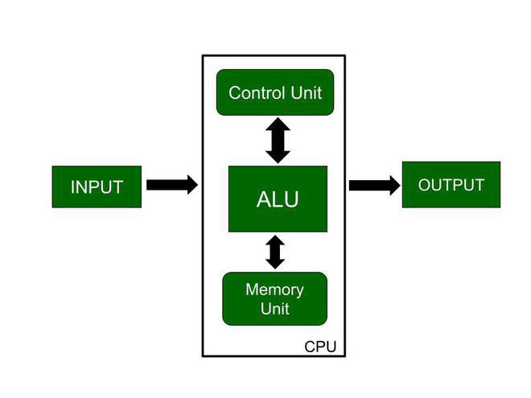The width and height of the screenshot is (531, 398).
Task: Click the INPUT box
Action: point(97,187)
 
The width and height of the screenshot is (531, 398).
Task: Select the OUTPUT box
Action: point(451,184)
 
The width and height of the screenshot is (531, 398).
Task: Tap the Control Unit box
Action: point(275,92)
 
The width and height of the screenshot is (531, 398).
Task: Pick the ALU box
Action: point(278,199)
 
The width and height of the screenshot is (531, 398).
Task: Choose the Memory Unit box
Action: point(274,298)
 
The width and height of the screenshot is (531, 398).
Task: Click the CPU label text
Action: point(320,347)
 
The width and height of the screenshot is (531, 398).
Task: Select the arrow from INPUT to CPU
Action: point(172,185)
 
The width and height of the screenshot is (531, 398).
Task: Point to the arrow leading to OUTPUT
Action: point(375,185)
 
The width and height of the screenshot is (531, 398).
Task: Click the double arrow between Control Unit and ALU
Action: point(278,141)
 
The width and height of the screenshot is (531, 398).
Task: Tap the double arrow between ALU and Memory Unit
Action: point(275,252)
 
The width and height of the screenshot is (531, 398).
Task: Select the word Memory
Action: point(274,289)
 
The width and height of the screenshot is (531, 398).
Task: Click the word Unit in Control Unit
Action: point(307,92)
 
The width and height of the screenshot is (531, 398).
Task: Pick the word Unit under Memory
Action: point(274,309)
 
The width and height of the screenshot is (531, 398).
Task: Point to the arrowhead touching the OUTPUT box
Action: point(395,185)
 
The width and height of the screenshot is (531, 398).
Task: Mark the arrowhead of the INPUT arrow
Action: point(192,185)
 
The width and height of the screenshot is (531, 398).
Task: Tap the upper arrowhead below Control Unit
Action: point(278,124)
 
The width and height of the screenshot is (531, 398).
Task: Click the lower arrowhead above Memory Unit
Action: point(275,264)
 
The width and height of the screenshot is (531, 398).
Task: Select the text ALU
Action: point(278,199)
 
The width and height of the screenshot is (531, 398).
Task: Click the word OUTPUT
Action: point(451,185)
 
